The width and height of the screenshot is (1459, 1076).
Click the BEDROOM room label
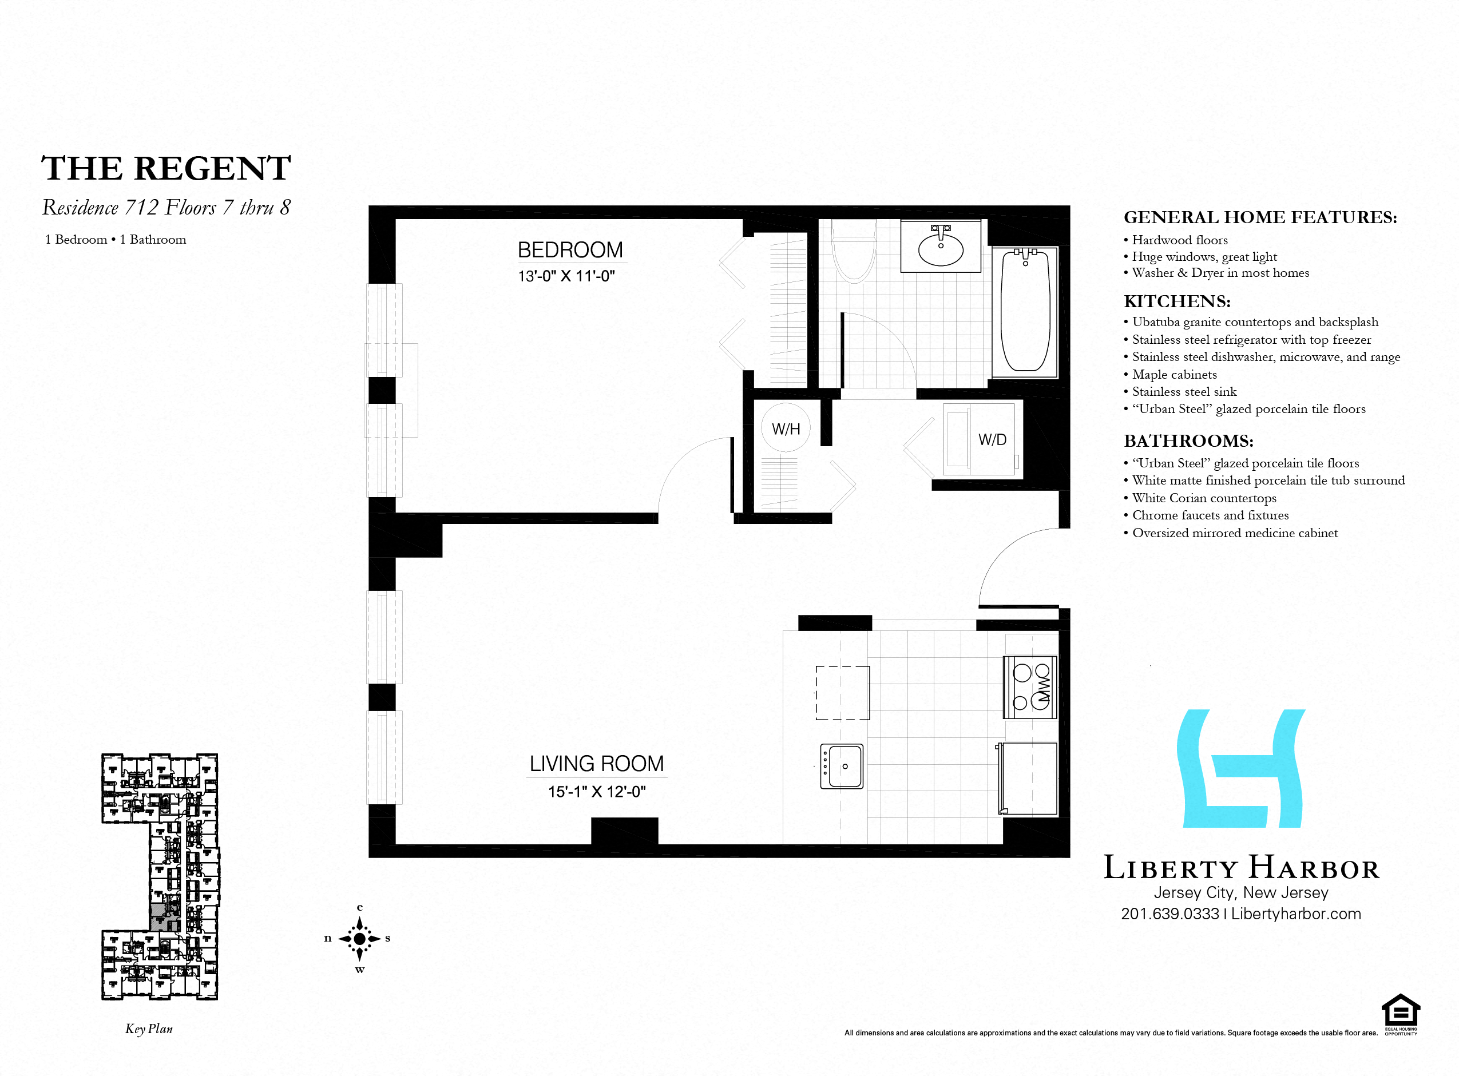point(570,249)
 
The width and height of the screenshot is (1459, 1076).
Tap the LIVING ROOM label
point(597,763)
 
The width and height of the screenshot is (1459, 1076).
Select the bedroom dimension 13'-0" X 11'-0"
point(566,276)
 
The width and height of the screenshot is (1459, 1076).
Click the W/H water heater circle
point(786,428)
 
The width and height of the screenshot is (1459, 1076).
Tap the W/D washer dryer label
point(992,440)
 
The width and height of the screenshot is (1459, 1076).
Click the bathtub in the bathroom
point(1025,311)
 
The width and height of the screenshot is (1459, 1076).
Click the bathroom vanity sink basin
point(941,248)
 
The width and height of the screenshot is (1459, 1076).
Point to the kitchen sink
point(842,766)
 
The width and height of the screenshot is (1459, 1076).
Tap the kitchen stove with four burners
point(1030,686)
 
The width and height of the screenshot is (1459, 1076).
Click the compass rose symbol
point(359,939)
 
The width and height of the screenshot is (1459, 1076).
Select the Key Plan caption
point(149,1029)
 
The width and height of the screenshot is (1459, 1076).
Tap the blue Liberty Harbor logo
point(1241,769)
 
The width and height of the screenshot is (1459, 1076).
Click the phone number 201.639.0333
point(1170,914)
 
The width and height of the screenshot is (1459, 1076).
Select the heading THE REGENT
point(166,168)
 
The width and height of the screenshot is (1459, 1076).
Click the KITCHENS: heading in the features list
point(1177,301)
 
